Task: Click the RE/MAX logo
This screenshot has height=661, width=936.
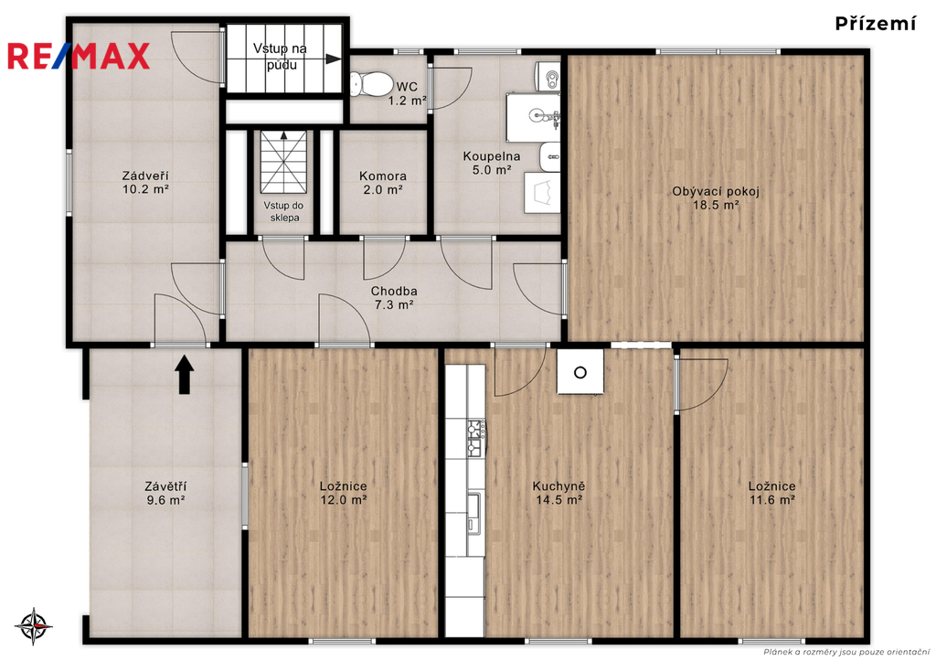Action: click(x=79, y=56)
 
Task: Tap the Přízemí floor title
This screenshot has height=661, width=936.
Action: click(x=875, y=24)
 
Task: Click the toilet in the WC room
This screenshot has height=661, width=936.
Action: click(x=369, y=84)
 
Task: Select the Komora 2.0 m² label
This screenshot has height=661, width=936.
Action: click(x=383, y=183)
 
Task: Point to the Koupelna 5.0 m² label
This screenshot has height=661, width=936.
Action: click(x=491, y=163)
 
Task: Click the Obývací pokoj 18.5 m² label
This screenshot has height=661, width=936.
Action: click(x=715, y=198)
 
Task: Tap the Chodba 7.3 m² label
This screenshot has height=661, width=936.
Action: click(x=394, y=298)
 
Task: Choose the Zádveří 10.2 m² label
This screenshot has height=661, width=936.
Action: click(x=145, y=183)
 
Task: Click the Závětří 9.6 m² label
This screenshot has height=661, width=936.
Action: click(x=165, y=493)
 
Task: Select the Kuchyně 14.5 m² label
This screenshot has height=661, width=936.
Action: click(x=558, y=493)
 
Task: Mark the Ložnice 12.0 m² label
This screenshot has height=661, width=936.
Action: click(x=344, y=493)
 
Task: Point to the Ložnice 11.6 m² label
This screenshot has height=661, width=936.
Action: click(x=771, y=493)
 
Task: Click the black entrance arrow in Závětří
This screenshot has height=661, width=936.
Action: click(x=185, y=375)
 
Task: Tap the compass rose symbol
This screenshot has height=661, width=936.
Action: click(x=34, y=626)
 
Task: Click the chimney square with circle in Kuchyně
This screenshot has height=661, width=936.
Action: click(x=580, y=372)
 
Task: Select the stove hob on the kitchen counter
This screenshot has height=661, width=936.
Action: click(x=475, y=438)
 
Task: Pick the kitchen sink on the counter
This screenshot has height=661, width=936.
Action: click(x=474, y=513)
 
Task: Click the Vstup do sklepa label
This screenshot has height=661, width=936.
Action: click(x=284, y=212)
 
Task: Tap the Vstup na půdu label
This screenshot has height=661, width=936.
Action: click(x=280, y=56)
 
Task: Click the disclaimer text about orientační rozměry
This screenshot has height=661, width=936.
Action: click(x=846, y=652)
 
